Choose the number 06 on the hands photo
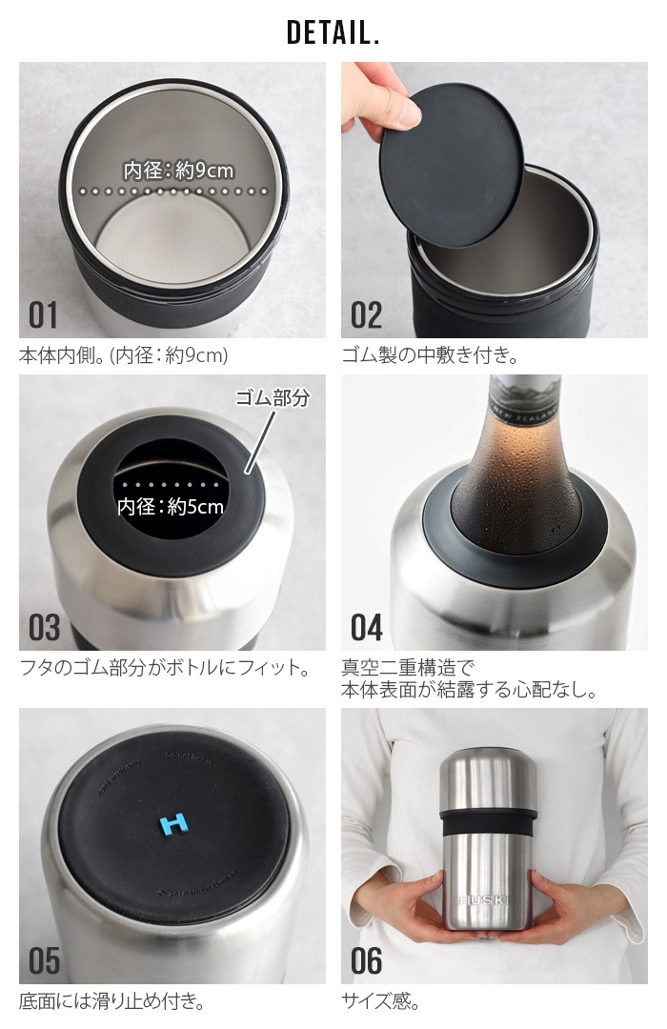point(367,960)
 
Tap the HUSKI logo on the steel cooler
point(486,899)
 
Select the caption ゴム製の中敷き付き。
point(429,356)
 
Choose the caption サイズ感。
point(380,1001)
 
